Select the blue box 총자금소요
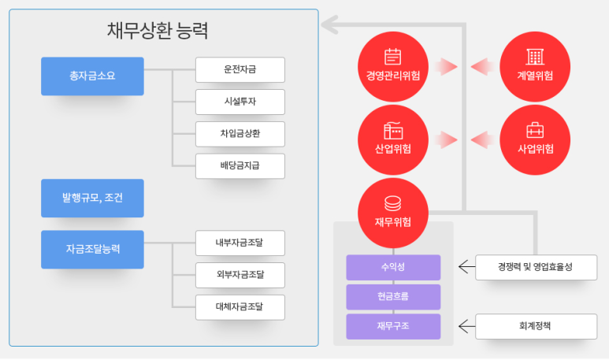click(92, 76)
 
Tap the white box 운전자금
click(240, 70)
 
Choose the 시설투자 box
click(240, 102)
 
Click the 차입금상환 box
click(240, 134)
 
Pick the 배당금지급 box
click(240, 166)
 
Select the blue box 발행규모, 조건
click(92, 199)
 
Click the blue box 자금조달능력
click(92, 249)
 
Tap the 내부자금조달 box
click(240, 243)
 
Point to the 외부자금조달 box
click(240, 275)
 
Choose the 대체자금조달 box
click(240, 306)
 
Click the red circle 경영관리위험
click(392, 66)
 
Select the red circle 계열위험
click(535, 66)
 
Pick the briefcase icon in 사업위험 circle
click(535, 131)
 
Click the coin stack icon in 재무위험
click(392, 203)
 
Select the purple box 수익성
click(392, 267)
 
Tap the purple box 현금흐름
click(392, 296)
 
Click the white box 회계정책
click(536, 326)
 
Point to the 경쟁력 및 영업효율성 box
click(536, 267)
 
